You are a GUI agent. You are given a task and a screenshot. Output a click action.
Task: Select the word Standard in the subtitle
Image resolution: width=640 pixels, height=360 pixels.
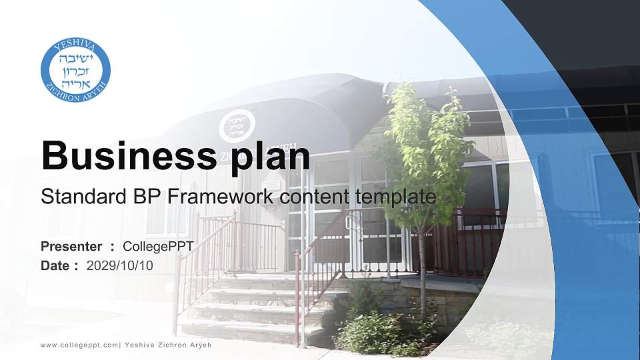click(x=73, y=197)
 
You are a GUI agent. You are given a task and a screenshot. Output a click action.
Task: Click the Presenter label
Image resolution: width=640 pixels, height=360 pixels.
click(x=71, y=247)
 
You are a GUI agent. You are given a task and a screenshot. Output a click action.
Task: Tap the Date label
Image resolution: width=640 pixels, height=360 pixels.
click(x=55, y=265)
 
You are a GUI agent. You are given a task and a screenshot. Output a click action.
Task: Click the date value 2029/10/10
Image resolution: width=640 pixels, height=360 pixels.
click(x=120, y=265)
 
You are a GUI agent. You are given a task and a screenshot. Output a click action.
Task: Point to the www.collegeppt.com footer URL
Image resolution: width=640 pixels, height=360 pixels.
click(x=79, y=345)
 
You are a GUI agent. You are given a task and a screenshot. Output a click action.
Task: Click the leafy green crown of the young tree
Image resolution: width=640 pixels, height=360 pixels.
click(x=427, y=147)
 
